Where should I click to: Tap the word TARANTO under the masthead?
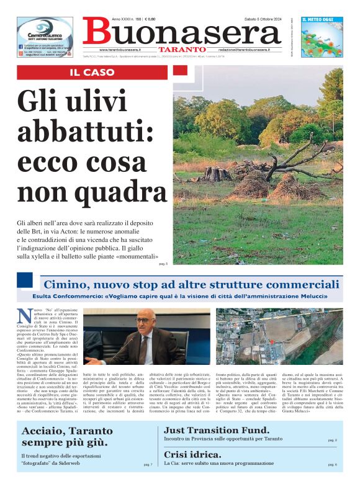(181, 49)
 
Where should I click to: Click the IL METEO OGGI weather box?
(322, 37)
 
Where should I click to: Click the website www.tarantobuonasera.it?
(120, 49)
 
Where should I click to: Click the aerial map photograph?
(278, 336)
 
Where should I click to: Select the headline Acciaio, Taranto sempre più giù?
(67, 437)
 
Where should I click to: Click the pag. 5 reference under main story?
(163, 263)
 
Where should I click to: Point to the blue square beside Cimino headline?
(25, 280)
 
